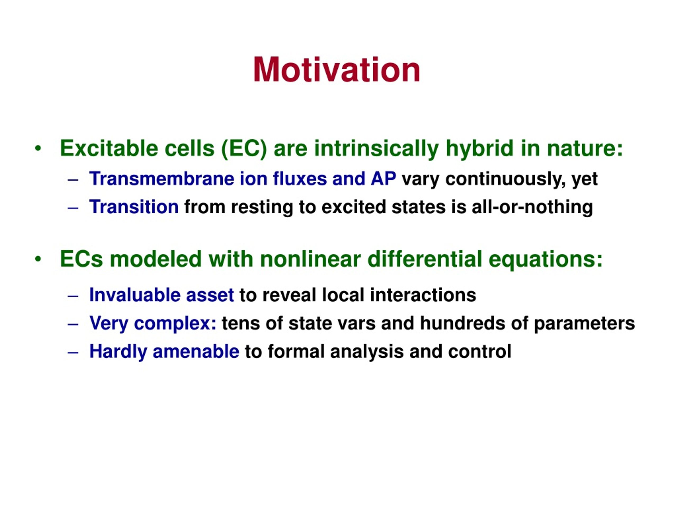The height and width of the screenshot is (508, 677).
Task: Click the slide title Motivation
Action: coord(337,70)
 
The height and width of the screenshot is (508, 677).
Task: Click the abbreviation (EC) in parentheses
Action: coord(244,149)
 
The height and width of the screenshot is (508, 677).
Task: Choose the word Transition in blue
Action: coord(134,207)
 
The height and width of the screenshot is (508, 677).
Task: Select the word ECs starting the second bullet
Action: coord(81,259)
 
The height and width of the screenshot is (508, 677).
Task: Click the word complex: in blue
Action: coord(175,324)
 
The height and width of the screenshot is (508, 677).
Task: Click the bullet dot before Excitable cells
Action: coord(38,149)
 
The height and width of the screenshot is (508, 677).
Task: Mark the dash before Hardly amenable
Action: coord(73,353)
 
